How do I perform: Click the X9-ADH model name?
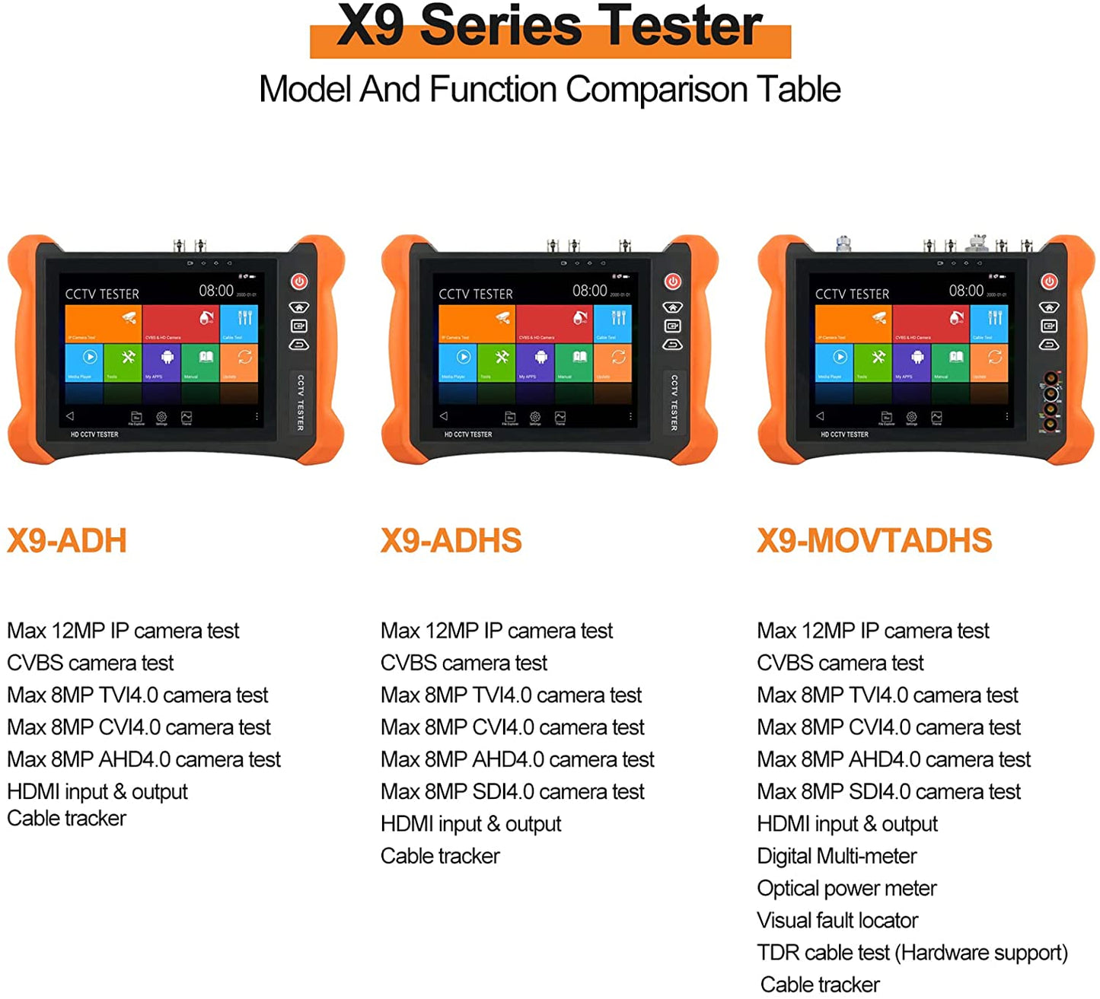[x=67, y=541]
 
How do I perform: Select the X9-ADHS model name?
[x=451, y=541]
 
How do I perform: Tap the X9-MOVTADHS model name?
[x=874, y=541]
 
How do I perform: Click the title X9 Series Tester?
[x=550, y=27]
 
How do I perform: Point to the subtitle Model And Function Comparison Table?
[x=550, y=90]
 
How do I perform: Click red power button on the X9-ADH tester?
[x=299, y=282]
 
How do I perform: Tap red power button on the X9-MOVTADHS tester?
[x=1049, y=282]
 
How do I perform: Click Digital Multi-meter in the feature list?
[x=837, y=856]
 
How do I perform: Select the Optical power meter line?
[x=847, y=888]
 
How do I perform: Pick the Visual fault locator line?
[x=837, y=921]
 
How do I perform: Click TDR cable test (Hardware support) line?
[x=912, y=953]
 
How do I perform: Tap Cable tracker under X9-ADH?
[x=67, y=819]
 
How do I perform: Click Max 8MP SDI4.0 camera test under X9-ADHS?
[x=512, y=792]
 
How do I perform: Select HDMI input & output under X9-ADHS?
[x=470, y=824]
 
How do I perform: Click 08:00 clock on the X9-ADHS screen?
[x=590, y=291]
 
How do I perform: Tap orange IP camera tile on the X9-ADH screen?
[x=104, y=323]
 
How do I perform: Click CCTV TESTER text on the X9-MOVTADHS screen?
[x=852, y=294]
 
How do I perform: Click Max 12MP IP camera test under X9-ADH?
[x=123, y=631]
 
